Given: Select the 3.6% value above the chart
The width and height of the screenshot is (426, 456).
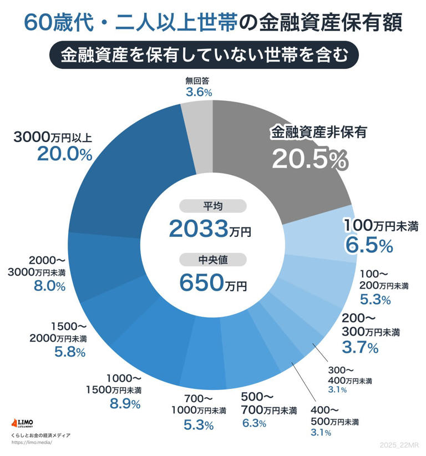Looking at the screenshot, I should point(199,93).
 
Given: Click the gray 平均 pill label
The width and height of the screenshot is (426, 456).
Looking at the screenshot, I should point(213,206).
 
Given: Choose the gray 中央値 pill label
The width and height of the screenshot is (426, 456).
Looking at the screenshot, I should point(213,259).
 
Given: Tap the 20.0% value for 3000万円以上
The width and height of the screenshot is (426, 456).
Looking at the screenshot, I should point(64,154).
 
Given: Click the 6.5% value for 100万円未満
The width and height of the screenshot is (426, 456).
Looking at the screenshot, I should point(369,244).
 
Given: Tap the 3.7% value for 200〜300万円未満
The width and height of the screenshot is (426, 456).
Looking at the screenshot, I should point(360,347).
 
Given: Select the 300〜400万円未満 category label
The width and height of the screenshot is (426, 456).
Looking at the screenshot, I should point(351,375).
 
